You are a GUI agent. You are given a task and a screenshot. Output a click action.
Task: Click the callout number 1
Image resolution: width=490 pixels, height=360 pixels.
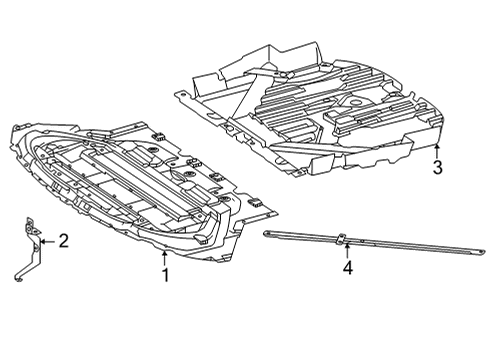165,275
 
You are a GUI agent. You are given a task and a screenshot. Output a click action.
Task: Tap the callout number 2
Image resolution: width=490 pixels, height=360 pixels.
63,241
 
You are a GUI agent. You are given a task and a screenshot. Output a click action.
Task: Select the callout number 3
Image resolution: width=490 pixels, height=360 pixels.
437,167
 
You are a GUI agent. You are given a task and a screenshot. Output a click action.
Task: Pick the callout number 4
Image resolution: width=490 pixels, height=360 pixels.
348,268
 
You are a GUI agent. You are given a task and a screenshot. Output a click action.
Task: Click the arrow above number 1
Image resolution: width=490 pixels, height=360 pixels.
164,258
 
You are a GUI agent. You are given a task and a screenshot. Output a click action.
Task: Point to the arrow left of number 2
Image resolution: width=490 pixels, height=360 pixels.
48,241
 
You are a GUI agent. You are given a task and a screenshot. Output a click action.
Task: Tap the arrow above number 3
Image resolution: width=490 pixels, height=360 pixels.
437,151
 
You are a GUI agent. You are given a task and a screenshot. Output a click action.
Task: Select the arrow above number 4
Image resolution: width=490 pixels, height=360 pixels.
347,251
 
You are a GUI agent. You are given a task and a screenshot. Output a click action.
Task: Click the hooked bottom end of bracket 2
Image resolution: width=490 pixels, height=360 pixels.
19,277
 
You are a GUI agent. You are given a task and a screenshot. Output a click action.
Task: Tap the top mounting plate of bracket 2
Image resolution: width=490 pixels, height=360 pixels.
32,227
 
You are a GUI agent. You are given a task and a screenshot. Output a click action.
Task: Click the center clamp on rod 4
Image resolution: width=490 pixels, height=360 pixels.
342,239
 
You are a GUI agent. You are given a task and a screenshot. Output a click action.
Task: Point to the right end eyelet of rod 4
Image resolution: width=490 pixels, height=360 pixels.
480,252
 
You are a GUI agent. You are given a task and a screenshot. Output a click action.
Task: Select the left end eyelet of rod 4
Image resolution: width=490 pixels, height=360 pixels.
267,234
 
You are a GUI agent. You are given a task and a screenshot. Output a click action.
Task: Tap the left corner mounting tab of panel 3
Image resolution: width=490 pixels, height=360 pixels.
180,95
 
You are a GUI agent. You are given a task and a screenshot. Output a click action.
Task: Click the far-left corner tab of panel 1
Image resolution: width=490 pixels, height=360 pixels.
17,128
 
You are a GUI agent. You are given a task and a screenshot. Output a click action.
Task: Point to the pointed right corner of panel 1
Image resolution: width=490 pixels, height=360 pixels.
275,212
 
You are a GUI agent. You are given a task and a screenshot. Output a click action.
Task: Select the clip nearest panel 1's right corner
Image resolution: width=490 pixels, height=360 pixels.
255,200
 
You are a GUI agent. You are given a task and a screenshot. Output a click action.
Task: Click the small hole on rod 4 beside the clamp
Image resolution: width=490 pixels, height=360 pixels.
364,241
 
